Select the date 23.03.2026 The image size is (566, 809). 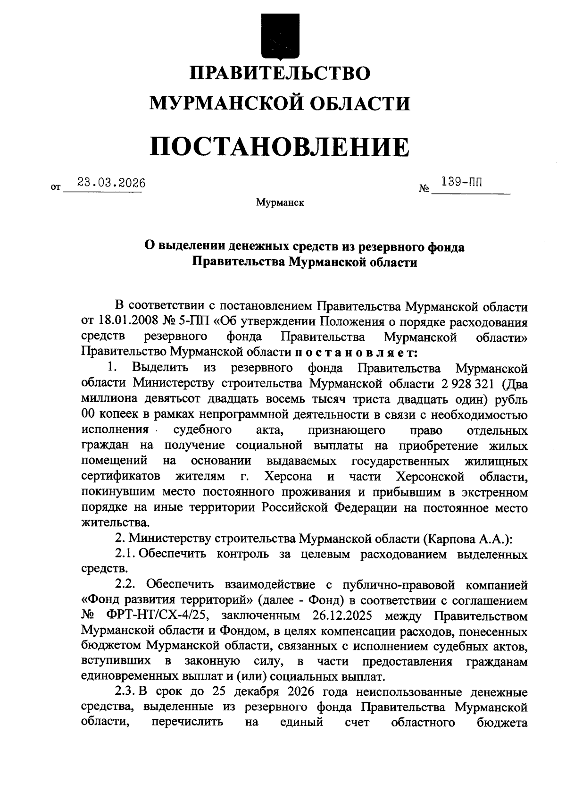(112, 182)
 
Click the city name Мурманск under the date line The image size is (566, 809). (280, 203)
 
